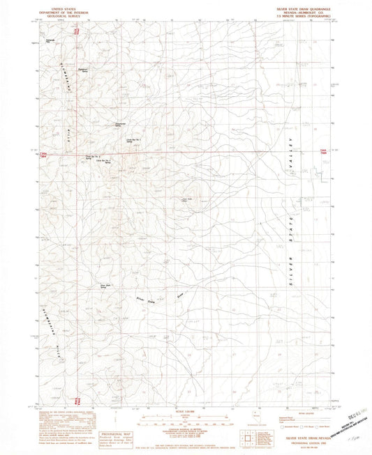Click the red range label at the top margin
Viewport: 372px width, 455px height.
point(77,29)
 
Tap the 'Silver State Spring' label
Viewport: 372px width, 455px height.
point(107,285)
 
